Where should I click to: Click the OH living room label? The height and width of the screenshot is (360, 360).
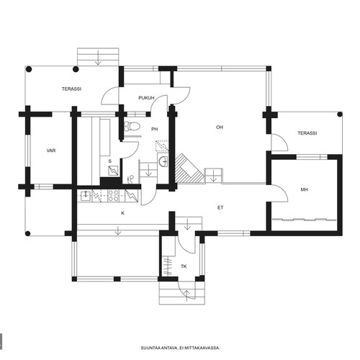pos(220,127)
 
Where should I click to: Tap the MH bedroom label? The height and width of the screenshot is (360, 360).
pos(304,189)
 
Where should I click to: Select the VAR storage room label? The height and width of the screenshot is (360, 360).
pos(51,150)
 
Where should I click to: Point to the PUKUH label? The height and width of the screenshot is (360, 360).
pos(146,98)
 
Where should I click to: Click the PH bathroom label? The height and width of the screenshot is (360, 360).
pos(155,129)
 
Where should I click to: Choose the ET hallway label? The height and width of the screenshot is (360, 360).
pos(220,208)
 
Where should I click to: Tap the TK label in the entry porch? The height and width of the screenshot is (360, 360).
pos(184,266)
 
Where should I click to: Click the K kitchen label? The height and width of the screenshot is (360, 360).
pos(123,213)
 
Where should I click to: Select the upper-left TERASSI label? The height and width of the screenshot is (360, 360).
pos(71,89)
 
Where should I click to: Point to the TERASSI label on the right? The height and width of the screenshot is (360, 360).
pos(307,133)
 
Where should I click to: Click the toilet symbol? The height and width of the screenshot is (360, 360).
pos(132,126)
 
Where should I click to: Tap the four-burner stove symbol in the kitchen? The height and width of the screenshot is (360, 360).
pos(113,196)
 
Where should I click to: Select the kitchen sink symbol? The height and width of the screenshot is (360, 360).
pos(86,196)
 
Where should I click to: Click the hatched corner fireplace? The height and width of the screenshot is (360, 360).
pos(189,169)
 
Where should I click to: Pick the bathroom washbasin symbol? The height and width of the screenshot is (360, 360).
pos(163,161)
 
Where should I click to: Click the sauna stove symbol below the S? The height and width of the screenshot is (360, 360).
pos(112,171)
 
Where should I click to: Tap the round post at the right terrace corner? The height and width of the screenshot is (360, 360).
pos(340,114)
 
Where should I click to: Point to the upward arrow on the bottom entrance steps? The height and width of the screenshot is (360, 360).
pos(187,295)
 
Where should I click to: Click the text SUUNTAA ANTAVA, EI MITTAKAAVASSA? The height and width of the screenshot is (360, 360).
pos(180,348)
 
